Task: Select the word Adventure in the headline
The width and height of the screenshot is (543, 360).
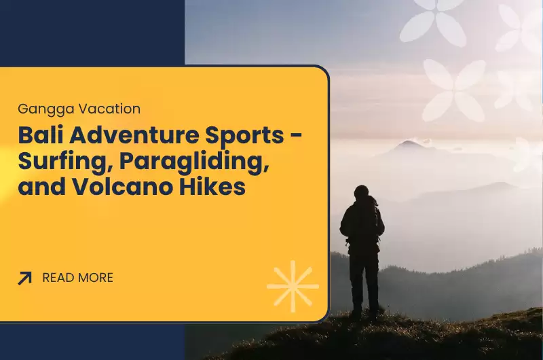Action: click(132, 136)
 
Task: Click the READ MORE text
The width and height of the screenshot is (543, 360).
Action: click(77, 278)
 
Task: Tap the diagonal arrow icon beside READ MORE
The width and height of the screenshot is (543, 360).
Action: click(25, 278)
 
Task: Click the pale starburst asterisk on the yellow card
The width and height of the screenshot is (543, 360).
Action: click(293, 286)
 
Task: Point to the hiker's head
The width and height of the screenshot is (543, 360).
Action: click(361, 192)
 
